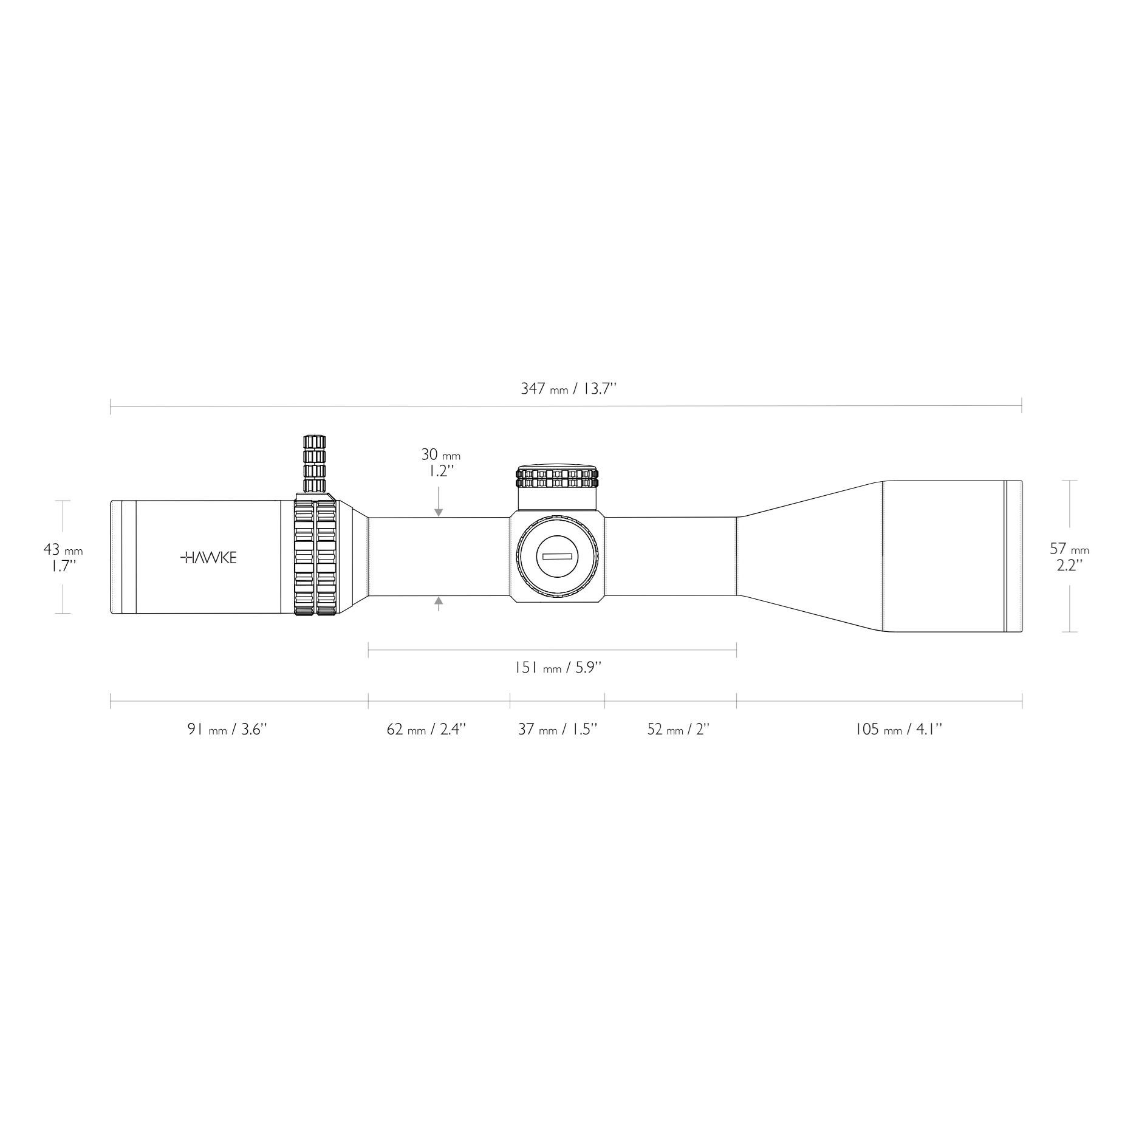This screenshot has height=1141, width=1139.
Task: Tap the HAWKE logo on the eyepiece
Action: (x=209, y=558)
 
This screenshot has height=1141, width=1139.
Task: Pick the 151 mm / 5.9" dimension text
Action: (x=558, y=668)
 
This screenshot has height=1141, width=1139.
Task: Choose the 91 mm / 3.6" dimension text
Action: (x=227, y=729)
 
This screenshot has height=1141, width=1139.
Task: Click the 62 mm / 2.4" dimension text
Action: (x=426, y=729)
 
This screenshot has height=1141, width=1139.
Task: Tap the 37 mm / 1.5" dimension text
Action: (x=557, y=729)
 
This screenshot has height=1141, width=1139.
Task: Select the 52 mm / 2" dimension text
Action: (x=678, y=729)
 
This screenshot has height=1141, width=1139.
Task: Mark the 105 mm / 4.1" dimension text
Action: (x=898, y=729)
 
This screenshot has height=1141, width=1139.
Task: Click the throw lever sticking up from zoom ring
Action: (x=314, y=463)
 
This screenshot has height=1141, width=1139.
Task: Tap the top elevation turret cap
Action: (x=556, y=477)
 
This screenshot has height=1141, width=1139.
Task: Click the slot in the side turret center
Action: (x=557, y=557)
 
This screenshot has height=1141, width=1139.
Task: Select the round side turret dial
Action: (x=557, y=557)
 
